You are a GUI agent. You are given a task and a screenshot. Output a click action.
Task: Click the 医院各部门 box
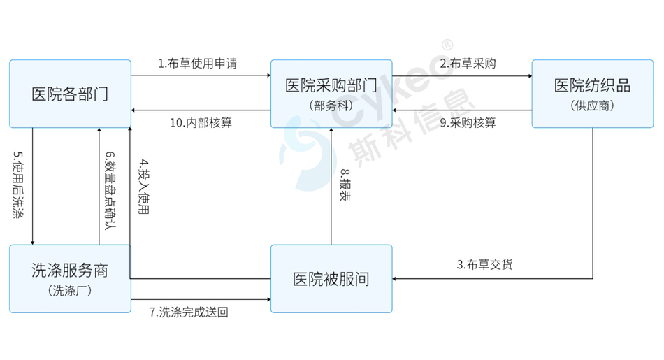tap(71, 94)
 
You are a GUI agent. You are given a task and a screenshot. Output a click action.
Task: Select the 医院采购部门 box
tap(331, 94)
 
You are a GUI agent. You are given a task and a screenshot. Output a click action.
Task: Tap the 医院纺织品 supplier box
tap(593, 94)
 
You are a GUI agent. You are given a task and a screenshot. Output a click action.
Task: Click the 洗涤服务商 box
tap(71, 279)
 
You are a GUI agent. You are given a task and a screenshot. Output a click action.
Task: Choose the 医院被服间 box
tap(331, 279)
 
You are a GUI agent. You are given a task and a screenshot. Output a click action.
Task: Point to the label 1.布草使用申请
tap(197, 64)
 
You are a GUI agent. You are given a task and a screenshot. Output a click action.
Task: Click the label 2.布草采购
tap(468, 64)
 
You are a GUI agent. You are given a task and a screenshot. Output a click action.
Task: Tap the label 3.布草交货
tap(484, 265)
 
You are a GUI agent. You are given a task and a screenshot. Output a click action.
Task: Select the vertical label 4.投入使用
tap(144, 187)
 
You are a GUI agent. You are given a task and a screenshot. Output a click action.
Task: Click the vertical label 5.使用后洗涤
tap(18, 185)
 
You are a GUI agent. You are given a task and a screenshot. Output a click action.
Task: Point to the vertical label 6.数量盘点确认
tap(110, 191)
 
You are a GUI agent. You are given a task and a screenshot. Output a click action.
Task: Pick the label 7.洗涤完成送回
tap(189, 312)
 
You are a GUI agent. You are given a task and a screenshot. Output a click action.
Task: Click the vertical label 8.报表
tap(345, 185)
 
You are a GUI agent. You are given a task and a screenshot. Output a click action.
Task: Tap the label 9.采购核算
tap(468, 123)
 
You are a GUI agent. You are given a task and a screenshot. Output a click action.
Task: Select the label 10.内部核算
tap(201, 123)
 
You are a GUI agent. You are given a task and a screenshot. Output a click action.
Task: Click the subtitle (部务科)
tap(331, 106)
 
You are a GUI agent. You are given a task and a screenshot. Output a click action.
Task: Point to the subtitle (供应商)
tap(593, 106)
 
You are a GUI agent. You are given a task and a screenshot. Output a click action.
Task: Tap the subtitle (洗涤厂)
tap(70, 291)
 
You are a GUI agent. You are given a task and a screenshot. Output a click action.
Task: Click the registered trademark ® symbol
tap(447, 45)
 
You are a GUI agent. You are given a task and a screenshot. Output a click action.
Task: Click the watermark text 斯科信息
tap(411, 128)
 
